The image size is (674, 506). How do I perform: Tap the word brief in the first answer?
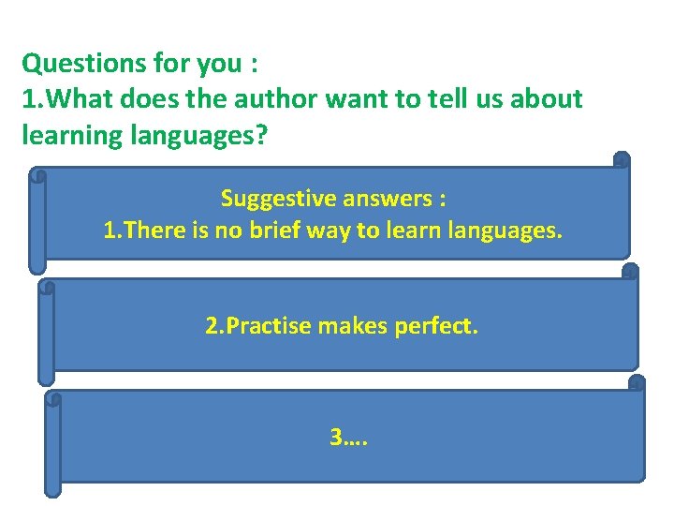292,231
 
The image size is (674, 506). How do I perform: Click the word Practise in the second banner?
257,326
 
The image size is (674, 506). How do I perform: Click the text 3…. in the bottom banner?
348,436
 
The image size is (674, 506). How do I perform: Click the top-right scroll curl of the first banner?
621,161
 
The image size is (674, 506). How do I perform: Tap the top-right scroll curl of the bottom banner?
637,382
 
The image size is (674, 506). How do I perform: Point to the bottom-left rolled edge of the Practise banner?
45,375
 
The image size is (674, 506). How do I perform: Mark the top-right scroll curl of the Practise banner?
629,272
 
